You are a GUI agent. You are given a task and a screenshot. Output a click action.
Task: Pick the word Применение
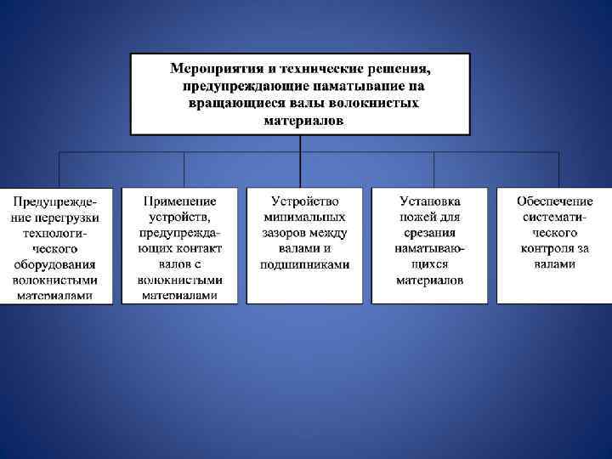pyautogui.click(x=179, y=201)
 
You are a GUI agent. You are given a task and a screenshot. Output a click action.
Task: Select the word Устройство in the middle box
pyautogui.click(x=305, y=201)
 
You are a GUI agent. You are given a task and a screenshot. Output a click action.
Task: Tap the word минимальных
pyautogui.click(x=305, y=217)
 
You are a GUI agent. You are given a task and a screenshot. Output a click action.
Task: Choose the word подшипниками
pyautogui.click(x=305, y=264)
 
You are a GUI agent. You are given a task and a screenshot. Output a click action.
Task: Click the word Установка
pyautogui.click(x=430, y=201)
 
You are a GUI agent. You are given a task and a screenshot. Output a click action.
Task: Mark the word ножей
pyautogui.click(x=416, y=218)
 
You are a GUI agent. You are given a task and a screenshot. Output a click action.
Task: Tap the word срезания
pyautogui.click(x=430, y=233)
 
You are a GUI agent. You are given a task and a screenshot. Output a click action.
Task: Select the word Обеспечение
pyautogui.click(x=555, y=201)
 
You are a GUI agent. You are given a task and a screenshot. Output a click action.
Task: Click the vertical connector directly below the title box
pyautogui.click(x=300, y=144)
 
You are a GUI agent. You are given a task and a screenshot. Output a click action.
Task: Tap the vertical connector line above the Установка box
pyautogui.click(x=433, y=170)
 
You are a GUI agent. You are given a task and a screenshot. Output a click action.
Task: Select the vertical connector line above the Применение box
pyautogui.click(x=184, y=170)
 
